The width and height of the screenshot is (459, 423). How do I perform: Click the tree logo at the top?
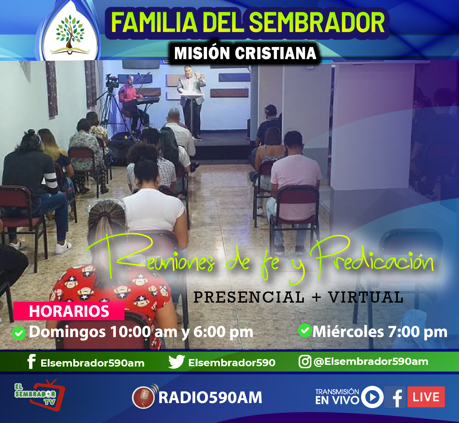coord(70,34)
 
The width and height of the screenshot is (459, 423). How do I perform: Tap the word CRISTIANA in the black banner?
coord(276,53)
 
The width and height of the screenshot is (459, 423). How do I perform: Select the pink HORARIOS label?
coord(69,311)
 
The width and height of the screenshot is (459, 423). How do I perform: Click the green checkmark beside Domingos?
coord(19,333)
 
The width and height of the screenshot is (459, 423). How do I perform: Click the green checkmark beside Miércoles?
coord(305,330)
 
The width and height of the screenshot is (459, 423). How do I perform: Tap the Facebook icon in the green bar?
coord(31,361)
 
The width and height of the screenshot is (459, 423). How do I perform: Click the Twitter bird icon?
coord(176,361)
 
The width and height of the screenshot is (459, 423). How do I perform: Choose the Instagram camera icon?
coord(305,362)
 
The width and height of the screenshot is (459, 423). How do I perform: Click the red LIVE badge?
coord(426,397)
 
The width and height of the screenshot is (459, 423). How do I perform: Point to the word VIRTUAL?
coord(366,297)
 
